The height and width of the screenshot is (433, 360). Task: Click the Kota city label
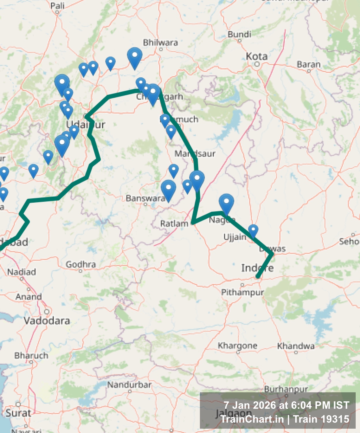pyautogui.click(x=257, y=56)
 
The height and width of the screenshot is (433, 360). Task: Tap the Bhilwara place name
pyautogui.click(x=160, y=43)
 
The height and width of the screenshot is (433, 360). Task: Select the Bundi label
pyautogui.click(x=239, y=34)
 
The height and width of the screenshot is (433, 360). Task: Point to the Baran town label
pyautogui.click(x=309, y=64)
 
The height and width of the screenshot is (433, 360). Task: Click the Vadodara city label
pyautogui.click(x=47, y=321)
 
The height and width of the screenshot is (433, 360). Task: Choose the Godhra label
pyautogui.click(x=80, y=264)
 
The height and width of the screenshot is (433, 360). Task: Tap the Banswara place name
pyautogui.click(x=145, y=198)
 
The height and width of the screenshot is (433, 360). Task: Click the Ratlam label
pyautogui.click(x=174, y=223)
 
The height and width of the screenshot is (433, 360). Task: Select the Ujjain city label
pyautogui.click(x=235, y=237)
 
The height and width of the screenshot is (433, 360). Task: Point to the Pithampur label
pyautogui.click(x=242, y=292)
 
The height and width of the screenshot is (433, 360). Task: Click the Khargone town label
pyautogui.click(x=237, y=346)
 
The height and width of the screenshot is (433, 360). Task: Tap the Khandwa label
pyautogui.click(x=296, y=346)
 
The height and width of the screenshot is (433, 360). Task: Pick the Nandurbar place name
pyautogui.click(x=129, y=385)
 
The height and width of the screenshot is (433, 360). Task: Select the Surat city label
pyautogui.click(x=18, y=413)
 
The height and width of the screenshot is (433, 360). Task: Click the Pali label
pyautogui.click(x=57, y=6)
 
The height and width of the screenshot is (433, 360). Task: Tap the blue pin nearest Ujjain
pyautogui.click(x=253, y=231)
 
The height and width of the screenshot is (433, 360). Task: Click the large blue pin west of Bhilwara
pyautogui.click(x=134, y=57)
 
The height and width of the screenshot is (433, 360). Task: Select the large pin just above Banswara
pyautogui.click(x=168, y=189)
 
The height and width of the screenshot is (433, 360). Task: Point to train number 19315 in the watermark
pyautogui.click(x=335, y=419)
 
